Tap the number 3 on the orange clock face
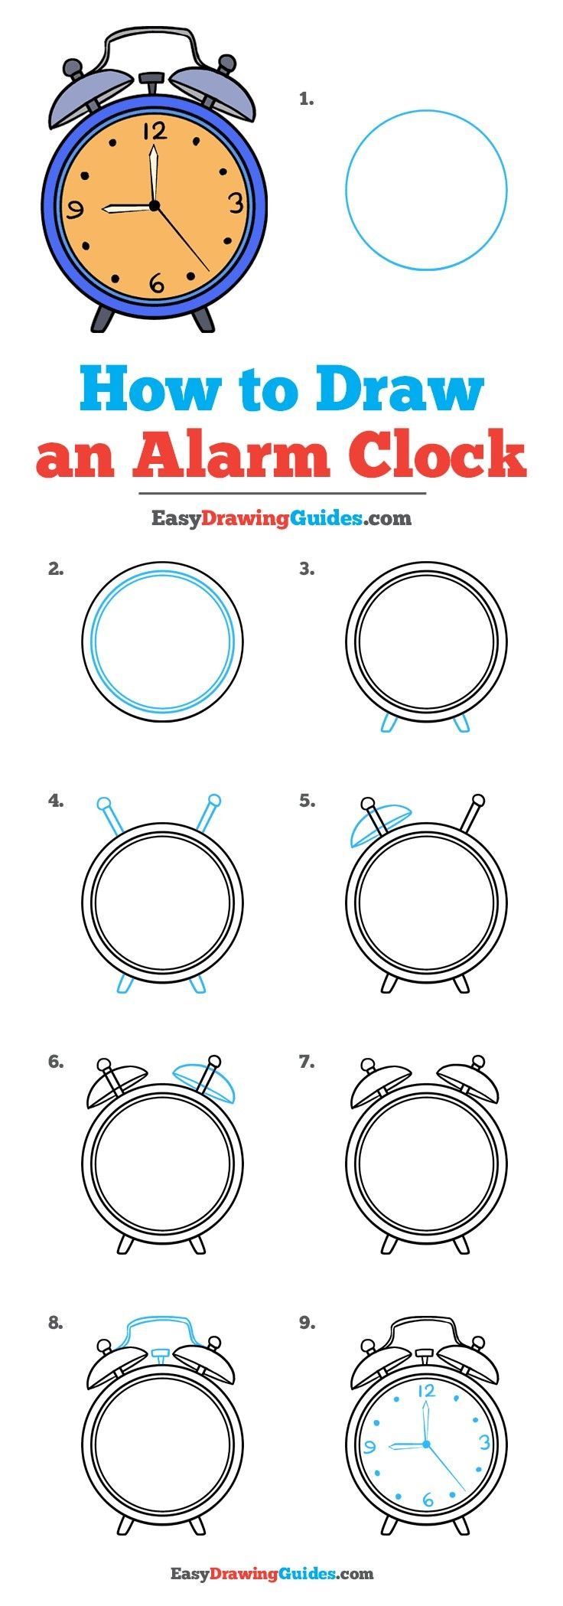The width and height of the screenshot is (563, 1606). coord(236,203)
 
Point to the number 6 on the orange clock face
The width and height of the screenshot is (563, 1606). coord(157,283)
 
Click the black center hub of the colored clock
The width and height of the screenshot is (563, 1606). coord(154,206)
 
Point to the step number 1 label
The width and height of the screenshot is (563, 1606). coord(306,99)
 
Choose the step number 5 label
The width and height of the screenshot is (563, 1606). coord(307,801)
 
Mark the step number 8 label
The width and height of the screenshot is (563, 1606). coord(55,1323)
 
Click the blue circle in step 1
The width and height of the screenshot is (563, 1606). coord(426,190)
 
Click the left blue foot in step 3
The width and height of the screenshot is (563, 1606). coord(389,722)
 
